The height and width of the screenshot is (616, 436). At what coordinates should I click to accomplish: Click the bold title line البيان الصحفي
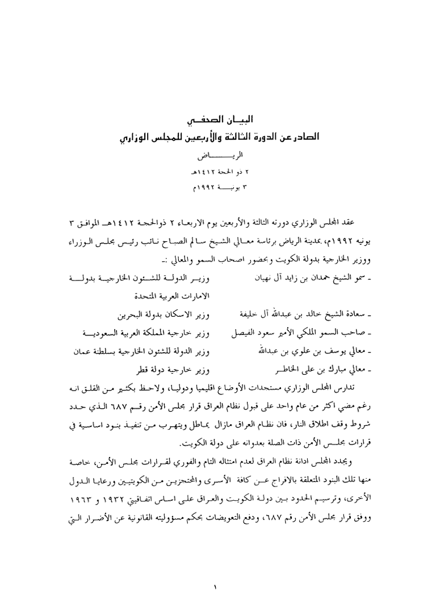point(220,121)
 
